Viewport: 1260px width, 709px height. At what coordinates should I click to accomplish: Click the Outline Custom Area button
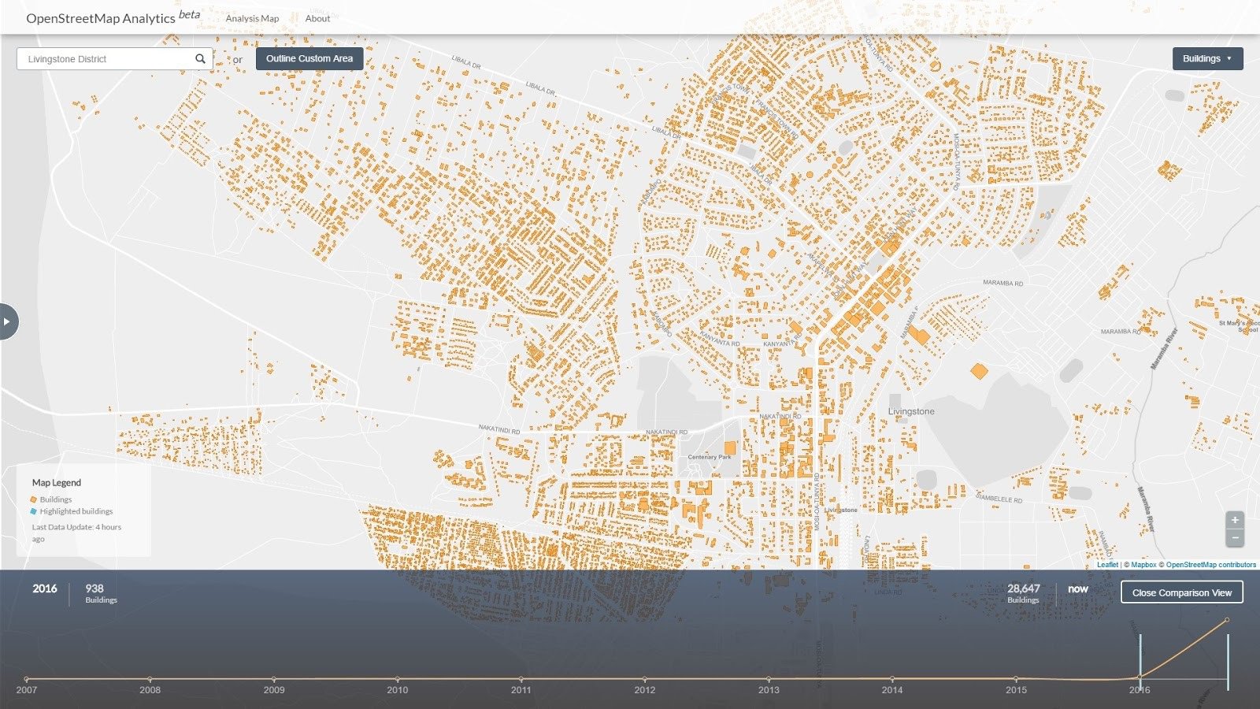coord(309,58)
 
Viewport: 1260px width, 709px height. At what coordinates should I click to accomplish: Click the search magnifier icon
coord(200,59)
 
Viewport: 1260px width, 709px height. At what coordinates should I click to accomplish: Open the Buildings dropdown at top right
coord(1206,58)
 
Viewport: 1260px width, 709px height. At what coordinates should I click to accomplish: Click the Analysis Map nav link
coord(252,18)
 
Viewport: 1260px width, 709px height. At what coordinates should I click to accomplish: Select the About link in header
coord(317,18)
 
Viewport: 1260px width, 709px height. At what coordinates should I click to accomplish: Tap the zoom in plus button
coord(1235,520)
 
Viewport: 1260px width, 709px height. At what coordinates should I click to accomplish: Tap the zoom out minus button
coord(1235,537)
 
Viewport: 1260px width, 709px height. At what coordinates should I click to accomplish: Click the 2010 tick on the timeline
coord(397,678)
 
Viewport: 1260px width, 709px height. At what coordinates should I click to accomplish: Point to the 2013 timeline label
coord(768,690)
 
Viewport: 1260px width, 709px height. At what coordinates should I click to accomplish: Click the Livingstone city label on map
coord(911,411)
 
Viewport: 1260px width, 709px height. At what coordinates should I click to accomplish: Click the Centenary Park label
coord(709,457)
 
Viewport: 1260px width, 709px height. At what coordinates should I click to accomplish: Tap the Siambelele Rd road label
coord(999,499)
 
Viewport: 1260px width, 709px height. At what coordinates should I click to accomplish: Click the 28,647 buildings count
coord(1023,588)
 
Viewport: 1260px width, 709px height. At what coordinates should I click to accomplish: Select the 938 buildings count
coord(94,588)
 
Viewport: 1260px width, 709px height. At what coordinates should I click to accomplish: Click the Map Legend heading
coord(57,482)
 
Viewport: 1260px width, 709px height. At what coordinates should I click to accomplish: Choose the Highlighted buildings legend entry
coord(76,511)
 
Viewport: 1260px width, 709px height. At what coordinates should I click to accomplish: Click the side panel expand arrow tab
coord(8,321)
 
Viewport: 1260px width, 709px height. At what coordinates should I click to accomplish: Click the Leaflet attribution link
coord(1107,565)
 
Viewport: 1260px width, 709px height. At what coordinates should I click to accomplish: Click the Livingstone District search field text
coord(68,59)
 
